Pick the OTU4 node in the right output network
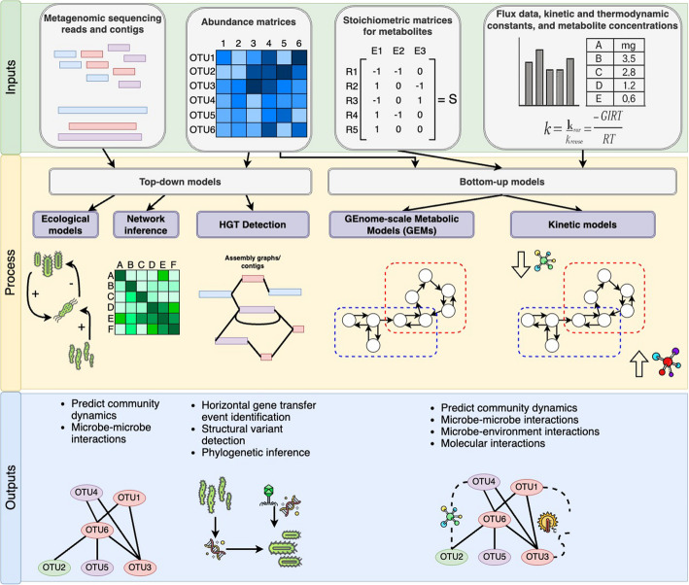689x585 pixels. (486, 482)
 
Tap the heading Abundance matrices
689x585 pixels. (242, 20)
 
